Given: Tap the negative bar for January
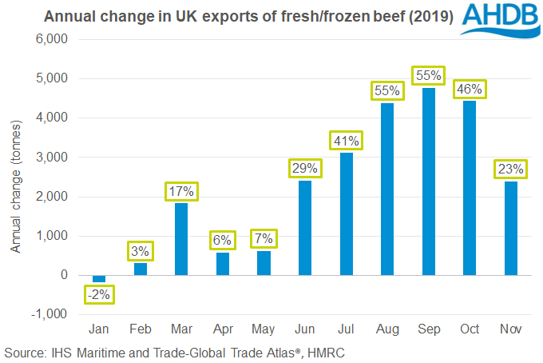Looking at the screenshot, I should [99, 279].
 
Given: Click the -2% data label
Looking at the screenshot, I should [99, 294].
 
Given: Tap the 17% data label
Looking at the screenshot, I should [182, 192].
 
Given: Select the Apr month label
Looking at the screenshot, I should [224, 329].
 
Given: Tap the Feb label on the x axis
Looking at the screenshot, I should [141, 329].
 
